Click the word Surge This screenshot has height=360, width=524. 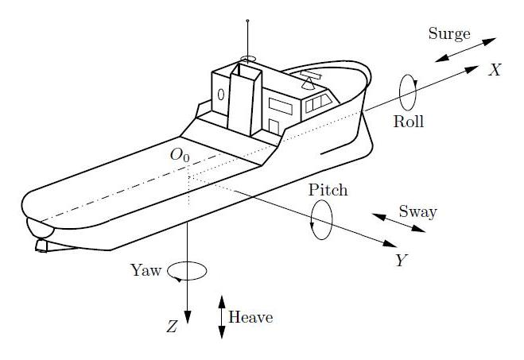point(449,33)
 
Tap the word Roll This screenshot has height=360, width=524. point(409,122)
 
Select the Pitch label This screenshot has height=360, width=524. point(328,192)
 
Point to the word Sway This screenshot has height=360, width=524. point(417,212)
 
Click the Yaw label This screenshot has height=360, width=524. point(146,270)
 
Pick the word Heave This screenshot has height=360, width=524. point(250,318)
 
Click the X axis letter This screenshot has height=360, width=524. point(495,70)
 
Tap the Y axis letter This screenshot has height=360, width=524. point(402,261)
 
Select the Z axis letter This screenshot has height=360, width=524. point(171,327)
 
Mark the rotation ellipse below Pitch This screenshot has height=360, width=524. point(322,219)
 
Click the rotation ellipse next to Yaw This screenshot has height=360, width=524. point(189,271)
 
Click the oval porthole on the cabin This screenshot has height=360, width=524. point(221,95)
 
